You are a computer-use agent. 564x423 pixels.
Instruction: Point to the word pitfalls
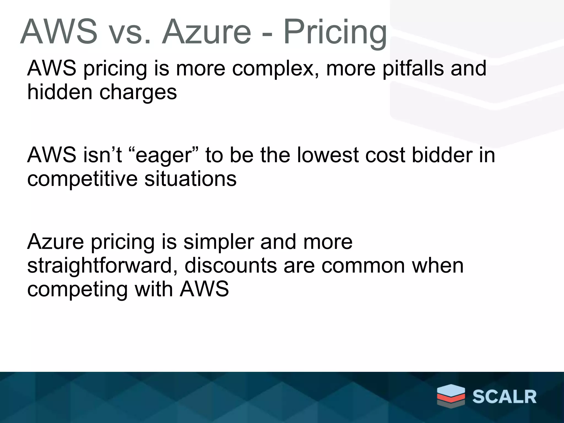[x=413, y=69]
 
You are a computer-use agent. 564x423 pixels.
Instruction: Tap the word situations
[x=190, y=179]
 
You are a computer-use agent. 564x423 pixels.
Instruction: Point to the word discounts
[x=231, y=265]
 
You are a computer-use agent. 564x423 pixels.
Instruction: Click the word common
[x=363, y=265]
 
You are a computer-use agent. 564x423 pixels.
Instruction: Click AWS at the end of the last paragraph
[x=204, y=289]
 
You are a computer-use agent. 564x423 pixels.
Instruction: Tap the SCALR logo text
[x=504, y=397]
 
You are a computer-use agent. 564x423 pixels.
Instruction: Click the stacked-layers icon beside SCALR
[x=451, y=396]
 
